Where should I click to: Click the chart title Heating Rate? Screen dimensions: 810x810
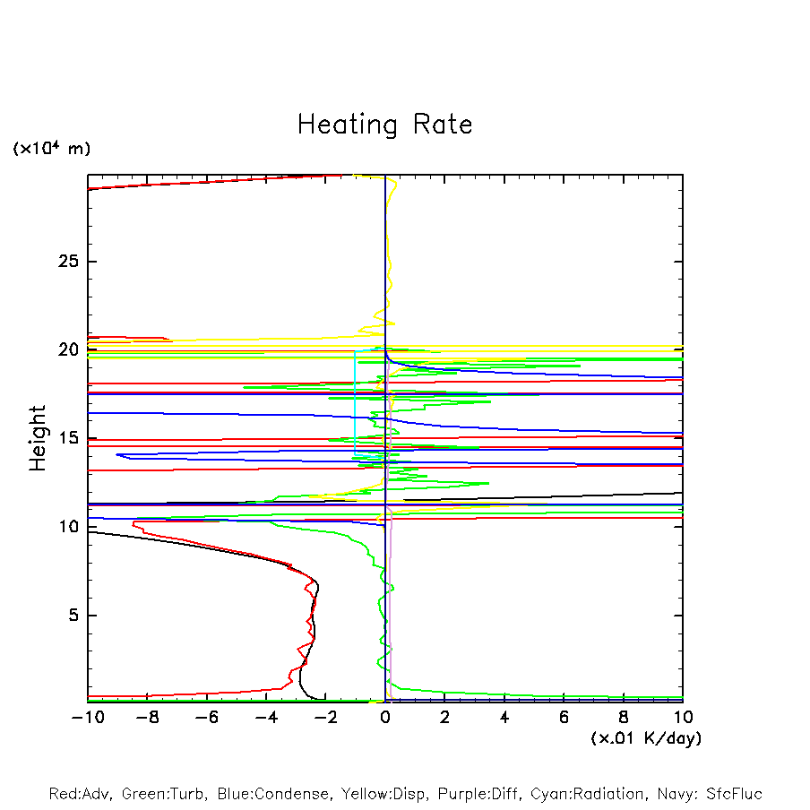pos(384,125)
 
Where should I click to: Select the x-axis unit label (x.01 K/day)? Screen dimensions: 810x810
pos(646,737)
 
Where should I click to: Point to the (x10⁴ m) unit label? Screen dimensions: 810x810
pos(51,149)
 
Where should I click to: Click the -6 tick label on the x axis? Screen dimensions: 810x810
pos(206,717)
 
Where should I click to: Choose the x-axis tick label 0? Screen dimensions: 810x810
pos(385,717)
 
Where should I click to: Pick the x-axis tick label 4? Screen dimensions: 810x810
pos(504,717)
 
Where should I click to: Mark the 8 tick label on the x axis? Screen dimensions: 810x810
pos(624,717)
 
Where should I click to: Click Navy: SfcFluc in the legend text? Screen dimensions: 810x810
pos(710,794)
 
